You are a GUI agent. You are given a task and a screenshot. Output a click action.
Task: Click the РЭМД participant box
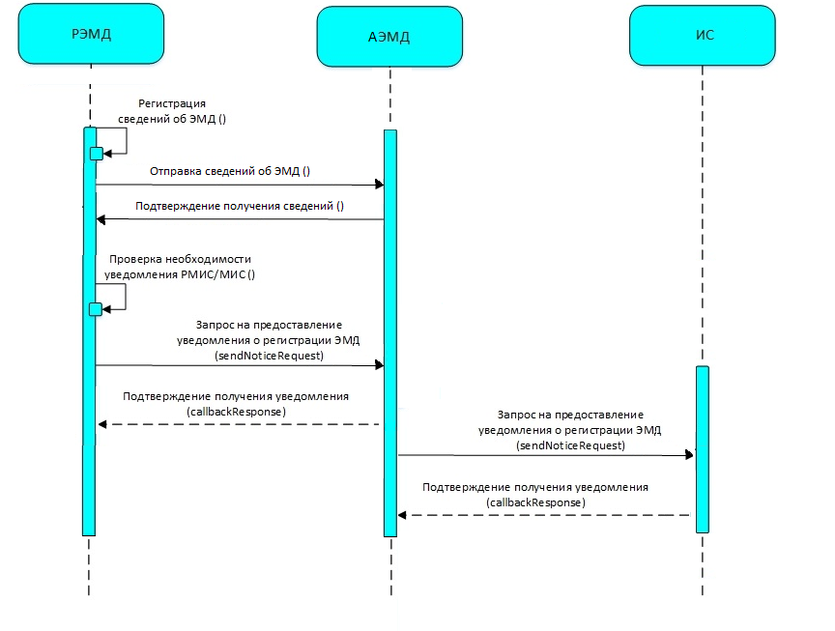coord(91,34)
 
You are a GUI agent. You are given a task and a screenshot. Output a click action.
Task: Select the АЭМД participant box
coord(389,37)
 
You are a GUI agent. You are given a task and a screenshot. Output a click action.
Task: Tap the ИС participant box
coord(703,35)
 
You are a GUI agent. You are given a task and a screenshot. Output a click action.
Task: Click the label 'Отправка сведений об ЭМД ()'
coord(229,171)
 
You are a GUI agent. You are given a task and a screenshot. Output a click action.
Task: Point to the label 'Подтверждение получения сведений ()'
coord(240,206)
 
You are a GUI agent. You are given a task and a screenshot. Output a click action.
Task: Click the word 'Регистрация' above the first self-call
coord(172,103)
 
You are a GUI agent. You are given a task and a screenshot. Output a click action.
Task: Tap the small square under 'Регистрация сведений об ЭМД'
coord(97,154)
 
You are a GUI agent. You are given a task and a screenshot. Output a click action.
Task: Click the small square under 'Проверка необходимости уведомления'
coord(96,309)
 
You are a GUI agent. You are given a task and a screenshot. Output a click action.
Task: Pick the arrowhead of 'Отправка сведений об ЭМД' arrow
coord(379,185)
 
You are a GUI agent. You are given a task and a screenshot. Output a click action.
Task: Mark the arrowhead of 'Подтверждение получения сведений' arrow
coord(101,219)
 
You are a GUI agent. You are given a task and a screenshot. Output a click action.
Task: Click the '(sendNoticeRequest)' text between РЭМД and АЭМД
coord(269,356)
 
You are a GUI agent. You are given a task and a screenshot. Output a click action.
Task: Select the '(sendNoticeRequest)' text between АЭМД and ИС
coord(570,445)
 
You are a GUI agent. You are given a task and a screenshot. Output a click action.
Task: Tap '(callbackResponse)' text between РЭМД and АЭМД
coord(237,412)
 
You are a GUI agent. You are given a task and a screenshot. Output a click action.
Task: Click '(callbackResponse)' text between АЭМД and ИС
coord(535,502)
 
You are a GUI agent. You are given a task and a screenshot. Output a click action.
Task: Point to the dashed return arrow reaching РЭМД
coord(239,424)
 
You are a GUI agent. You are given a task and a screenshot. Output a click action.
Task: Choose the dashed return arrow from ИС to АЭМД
coord(544,515)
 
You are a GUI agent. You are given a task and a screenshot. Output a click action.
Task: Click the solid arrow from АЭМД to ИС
coord(546,455)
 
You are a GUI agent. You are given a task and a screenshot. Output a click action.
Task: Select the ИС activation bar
coord(703,449)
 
